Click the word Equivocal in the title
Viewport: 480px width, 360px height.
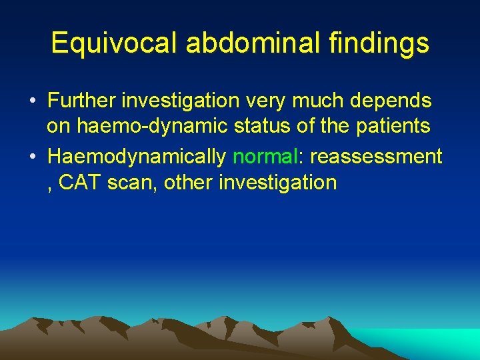tap(115, 43)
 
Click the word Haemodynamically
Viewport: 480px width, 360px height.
tap(137, 157)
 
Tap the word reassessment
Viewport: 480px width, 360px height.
tap(376, 157)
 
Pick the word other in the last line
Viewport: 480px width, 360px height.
tap(188, 182)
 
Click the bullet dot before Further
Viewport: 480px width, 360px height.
tap(32, 102)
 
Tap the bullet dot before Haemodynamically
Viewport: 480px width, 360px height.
tap(32, 157)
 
